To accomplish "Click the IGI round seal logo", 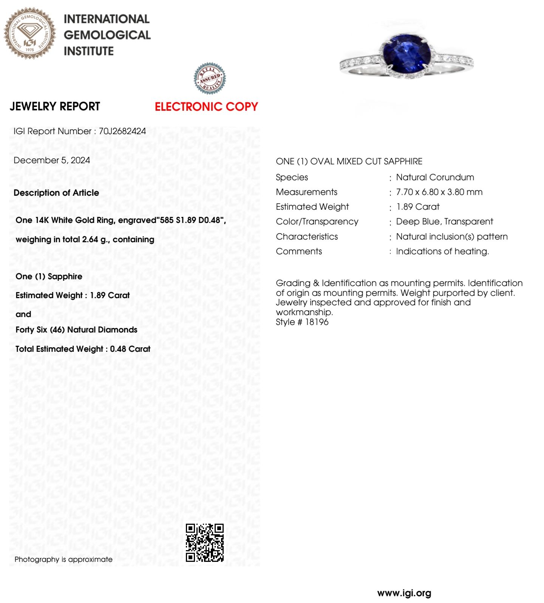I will coord(30,33).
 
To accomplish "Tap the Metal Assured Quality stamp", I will coord(210,79).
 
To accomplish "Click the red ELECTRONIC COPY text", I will coord(206,107).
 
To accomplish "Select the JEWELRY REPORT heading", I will coord(55,107).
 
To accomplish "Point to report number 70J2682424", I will coord(122,131).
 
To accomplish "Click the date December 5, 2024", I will coord(52,160).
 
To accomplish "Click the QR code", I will coord(205,543).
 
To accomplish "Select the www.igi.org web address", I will coord(404,593).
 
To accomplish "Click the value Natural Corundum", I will coord(435,177).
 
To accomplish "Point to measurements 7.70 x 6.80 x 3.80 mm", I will coord(439,192).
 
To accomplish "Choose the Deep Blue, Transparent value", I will coord(444,221).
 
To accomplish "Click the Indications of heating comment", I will coord(442,251).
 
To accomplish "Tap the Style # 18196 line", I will coord(302,322).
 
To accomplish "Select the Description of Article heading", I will coord(56,193).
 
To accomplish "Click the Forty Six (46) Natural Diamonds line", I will coord(76,330).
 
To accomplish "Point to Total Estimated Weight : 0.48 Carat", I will coord(83,349).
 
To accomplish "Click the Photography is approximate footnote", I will coord(63,560).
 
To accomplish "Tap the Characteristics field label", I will coord(307,237).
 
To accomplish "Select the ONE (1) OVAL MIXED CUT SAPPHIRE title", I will coord(349,161).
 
